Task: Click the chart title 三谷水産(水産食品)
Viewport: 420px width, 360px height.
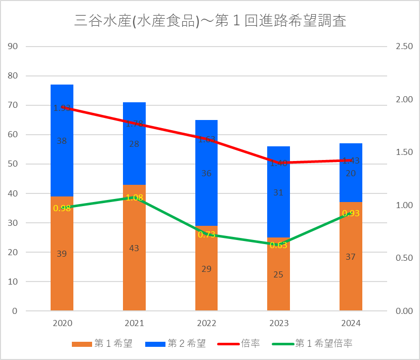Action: tap(210, 21)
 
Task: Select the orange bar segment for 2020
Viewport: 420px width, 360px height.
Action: tap(62, 273)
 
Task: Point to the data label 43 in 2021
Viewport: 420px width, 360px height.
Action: tap(134, 248)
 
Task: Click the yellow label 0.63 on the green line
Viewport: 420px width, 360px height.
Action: tap(278, 246)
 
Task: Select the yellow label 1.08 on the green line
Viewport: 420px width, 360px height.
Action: tap(134, 197)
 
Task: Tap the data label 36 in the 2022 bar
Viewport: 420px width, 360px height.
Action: tap(206, 173)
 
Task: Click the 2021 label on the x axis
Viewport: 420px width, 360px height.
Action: tap(134, 323)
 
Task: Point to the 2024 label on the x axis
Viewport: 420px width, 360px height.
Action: tap(351, 323)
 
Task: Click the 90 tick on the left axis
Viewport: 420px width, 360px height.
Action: tap(13, 47)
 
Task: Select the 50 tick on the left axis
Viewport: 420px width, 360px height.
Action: tap(13, 164)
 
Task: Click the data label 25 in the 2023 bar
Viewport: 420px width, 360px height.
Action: tap(278, 274)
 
